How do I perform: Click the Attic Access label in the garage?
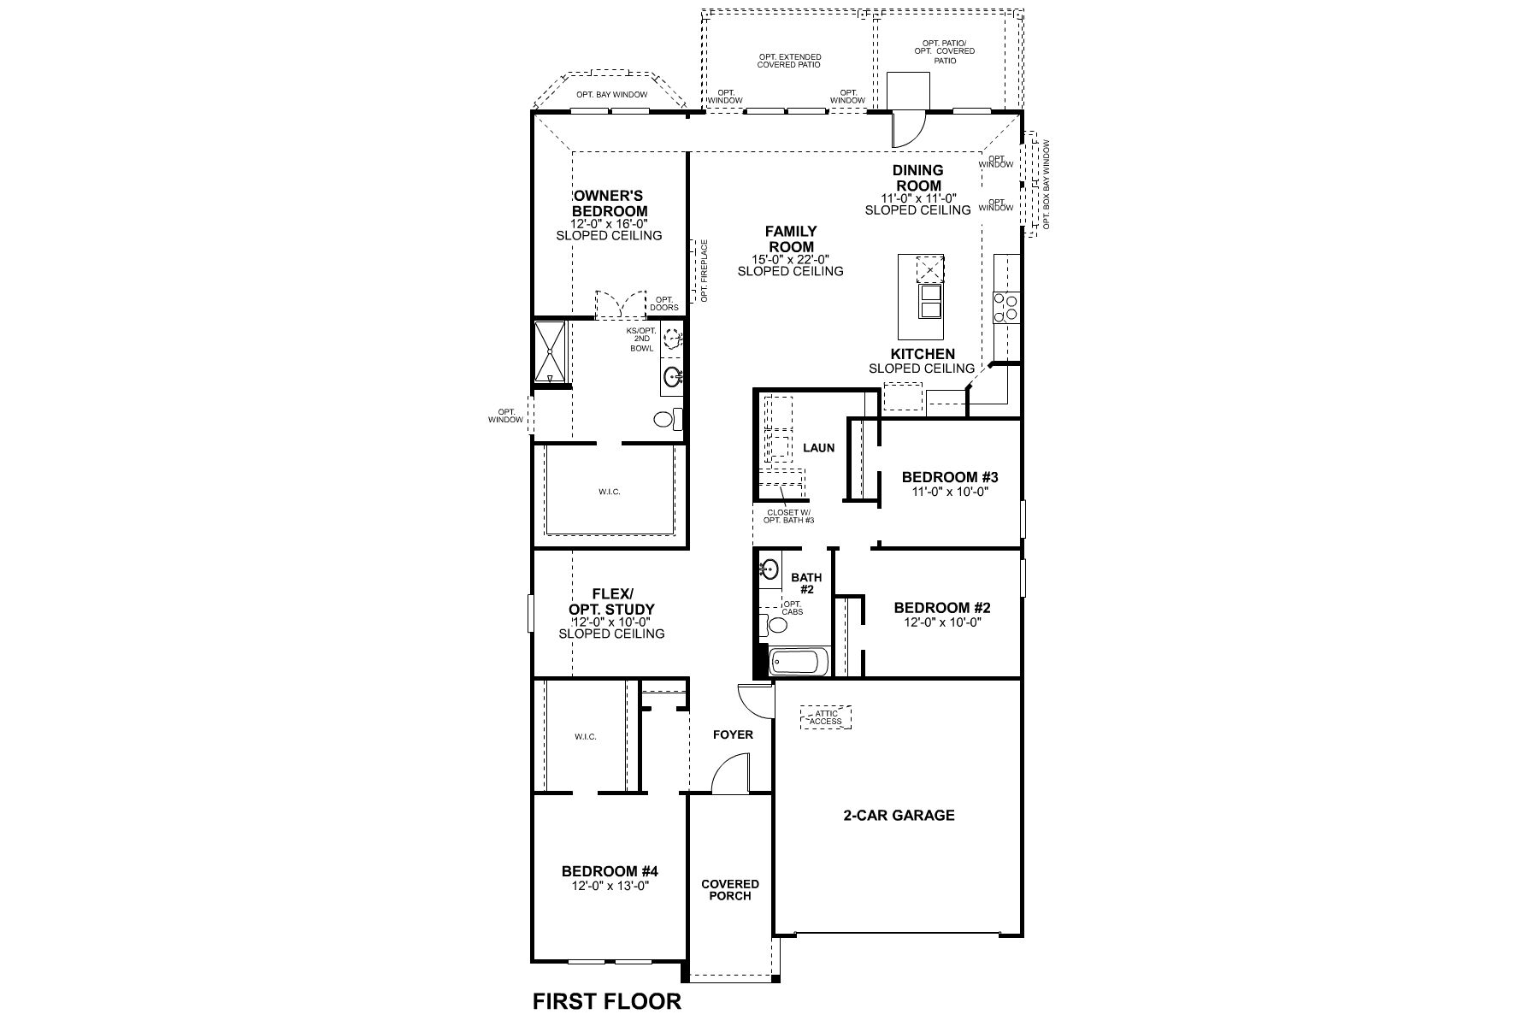[826, 717]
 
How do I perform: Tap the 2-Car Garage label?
[899, 815]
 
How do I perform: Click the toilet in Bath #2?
[775, 625]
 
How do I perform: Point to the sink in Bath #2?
[769, 568]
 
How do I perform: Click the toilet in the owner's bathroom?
[667, 419]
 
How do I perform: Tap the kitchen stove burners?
[1006, 307]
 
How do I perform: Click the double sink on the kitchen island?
[929, 301]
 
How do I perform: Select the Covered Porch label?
[729, 890]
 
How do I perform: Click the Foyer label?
[733, 734]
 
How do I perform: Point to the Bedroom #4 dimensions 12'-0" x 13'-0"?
[610, 886]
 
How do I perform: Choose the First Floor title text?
[607, 1000]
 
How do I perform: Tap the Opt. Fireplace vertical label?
[705, 270]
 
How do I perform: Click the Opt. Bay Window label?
[611, 95]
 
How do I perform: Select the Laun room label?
[818, 447]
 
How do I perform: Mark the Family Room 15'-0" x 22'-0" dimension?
[790, 260]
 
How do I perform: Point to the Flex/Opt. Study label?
[611, 601]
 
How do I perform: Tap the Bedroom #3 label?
[950, 477]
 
